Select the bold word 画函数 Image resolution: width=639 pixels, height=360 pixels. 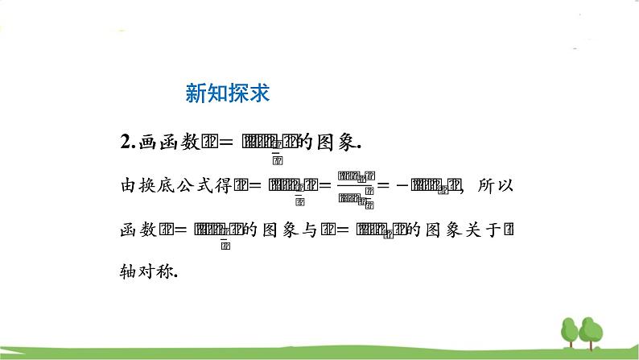[x=165, y=143]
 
